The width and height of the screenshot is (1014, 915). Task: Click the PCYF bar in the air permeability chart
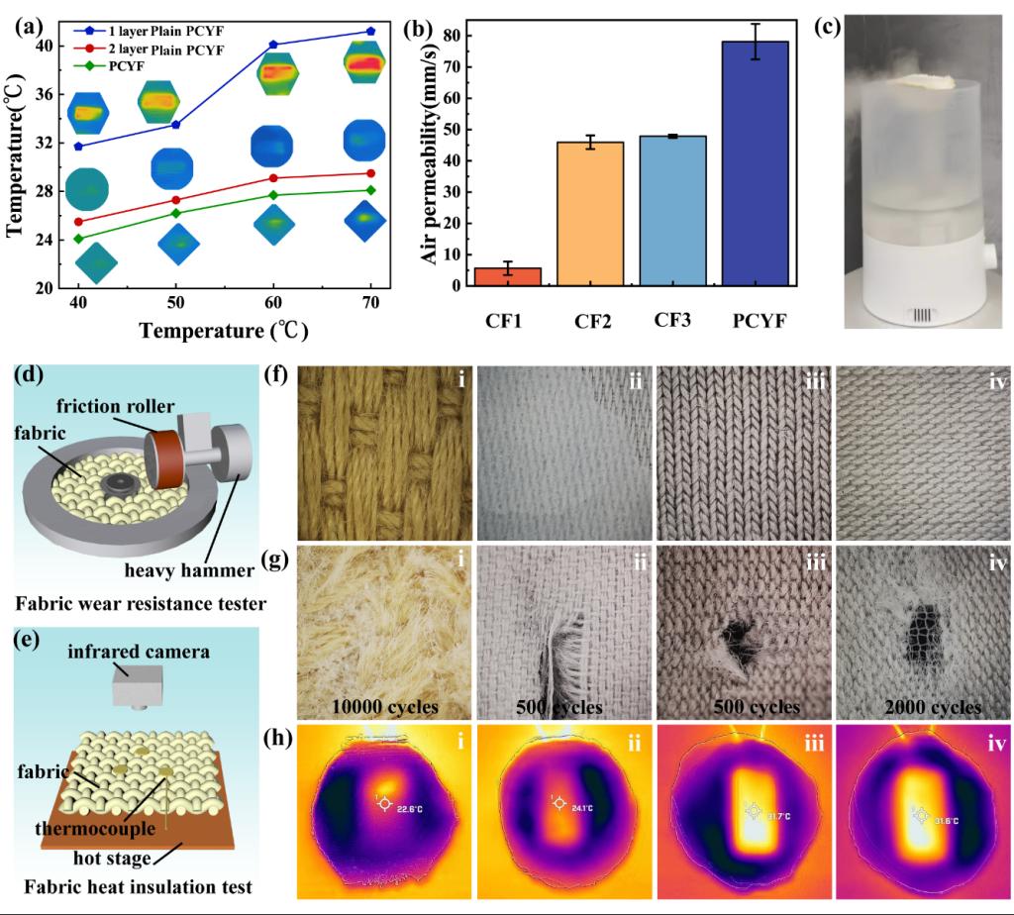tap(756, 163)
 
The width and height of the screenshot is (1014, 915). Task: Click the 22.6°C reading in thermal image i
tap(402, 807)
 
